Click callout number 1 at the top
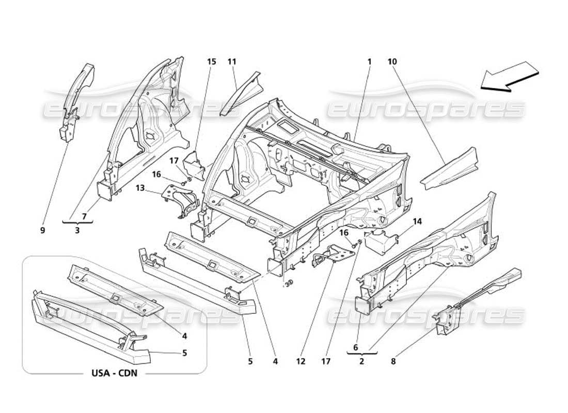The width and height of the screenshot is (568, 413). point(370,61)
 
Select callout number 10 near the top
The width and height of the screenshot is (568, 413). point(392,61)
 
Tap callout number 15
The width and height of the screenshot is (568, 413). point(212,61)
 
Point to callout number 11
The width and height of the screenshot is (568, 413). point(232,61)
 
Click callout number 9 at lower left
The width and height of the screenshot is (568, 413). point(42,231)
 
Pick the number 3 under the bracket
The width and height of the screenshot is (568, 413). point(77,231)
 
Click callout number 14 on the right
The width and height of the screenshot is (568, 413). point(417,221)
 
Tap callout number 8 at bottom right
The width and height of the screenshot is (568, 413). point(394,362)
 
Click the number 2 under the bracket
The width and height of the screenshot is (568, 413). point(361,362)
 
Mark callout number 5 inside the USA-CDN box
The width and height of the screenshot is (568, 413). point(184,354)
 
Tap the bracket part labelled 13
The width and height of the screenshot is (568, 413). point(181,201)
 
